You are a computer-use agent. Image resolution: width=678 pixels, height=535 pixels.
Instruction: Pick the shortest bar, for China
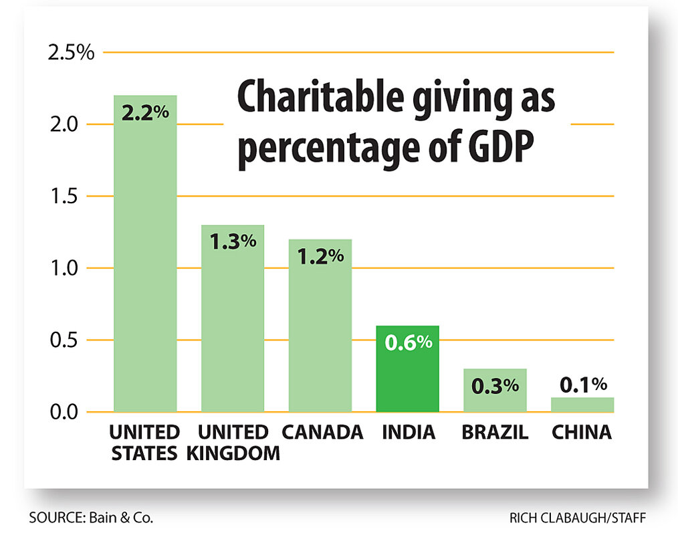[x=582, y=405]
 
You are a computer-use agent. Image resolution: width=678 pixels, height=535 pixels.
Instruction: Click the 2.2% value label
[x=145, y=112]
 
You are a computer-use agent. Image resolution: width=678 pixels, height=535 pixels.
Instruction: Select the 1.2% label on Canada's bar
[x=320, y=255]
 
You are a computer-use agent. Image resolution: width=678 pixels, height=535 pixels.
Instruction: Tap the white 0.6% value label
[x=407, y=342]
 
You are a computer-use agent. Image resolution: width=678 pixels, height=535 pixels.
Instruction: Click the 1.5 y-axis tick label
[x=75, y=197]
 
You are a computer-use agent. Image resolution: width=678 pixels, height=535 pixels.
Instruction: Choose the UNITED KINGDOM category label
[x=233, y=442]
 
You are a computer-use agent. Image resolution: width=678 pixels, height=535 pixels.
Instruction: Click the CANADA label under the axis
[x=322, y=432]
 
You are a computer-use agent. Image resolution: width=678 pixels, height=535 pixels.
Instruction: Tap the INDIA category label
[x=408, y=432]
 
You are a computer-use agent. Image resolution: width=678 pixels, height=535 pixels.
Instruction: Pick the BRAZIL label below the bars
[x=495, y=432]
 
